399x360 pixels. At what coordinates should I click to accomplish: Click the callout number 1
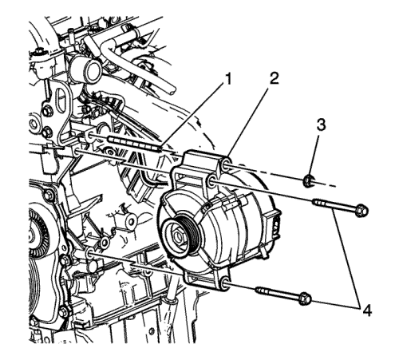point(227,80)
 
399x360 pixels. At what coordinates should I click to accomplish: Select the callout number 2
point(273,78)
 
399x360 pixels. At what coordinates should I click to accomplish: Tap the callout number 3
point(321,125)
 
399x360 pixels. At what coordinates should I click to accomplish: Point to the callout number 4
point(366,311)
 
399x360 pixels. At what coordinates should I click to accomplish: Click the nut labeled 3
point(308,181)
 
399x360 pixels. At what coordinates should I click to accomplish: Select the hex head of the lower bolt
point(305,299)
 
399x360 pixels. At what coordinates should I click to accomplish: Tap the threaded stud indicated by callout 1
point(134,143)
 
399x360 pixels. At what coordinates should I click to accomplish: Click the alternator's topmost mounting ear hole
point(226,165)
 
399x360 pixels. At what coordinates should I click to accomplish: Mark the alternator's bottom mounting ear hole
point(225,283)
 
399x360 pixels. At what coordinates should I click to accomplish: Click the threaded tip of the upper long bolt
point(318,203)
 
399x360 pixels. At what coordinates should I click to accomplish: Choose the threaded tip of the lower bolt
point(262,290)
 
